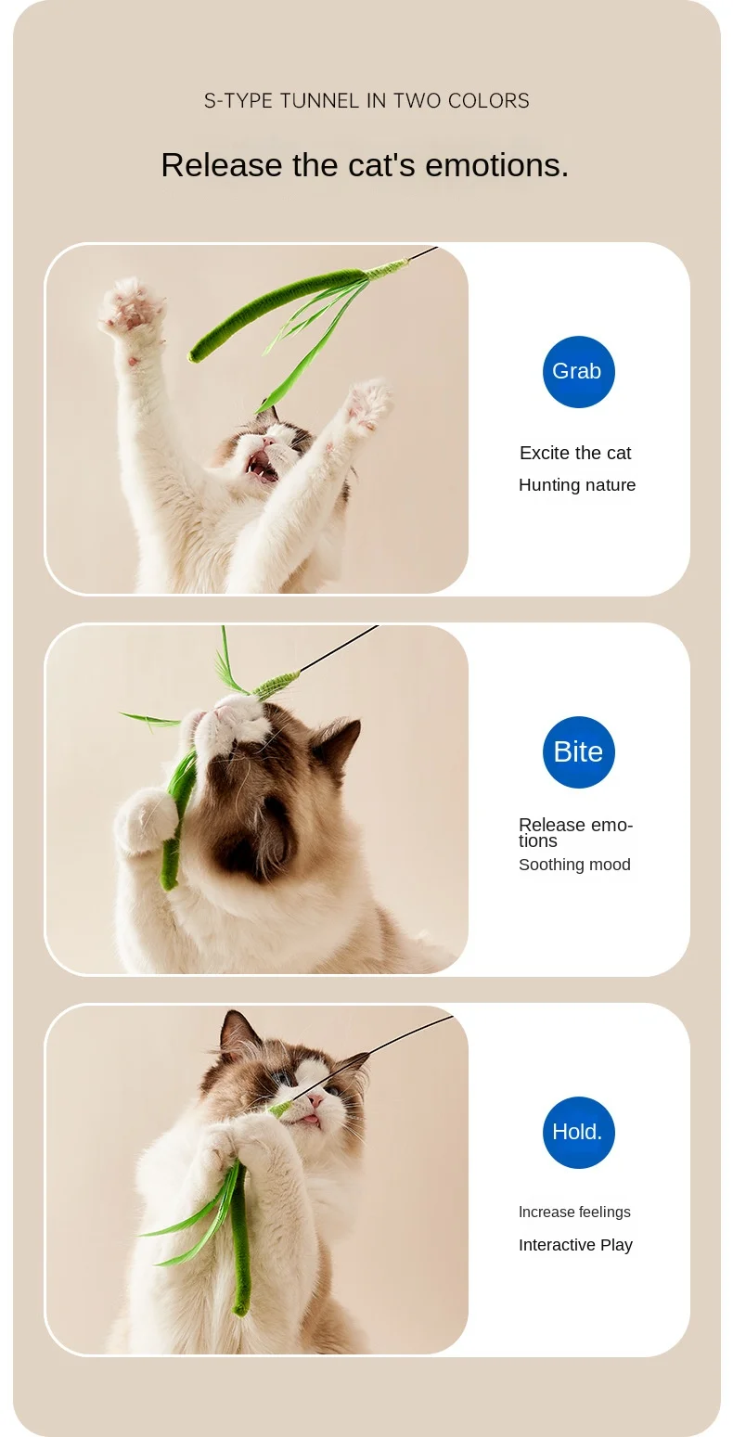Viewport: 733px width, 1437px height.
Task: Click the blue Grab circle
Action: click(578, 371)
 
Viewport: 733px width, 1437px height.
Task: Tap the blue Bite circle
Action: click(578, 751)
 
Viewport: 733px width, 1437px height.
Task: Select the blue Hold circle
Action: click(578, 1133)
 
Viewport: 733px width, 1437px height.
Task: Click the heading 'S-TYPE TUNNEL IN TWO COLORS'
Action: click(366, 101)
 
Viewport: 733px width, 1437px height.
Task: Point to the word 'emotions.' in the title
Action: click(496, 165)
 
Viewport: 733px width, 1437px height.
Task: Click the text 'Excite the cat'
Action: click(575, 453)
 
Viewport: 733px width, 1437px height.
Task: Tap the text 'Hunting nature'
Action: click(577, 485)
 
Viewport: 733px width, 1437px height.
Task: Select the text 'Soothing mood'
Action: click(574, 865)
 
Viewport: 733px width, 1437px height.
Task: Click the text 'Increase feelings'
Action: click(574, 1212)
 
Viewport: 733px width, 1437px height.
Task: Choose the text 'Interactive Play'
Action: click(576, 1245)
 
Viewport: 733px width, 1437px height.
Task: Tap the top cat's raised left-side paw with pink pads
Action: click(131, 307)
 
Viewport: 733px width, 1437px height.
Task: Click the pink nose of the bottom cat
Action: click(315, 1101)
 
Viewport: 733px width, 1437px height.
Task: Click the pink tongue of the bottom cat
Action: click(311, 1120)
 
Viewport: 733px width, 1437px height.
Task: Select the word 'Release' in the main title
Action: click(222, 165)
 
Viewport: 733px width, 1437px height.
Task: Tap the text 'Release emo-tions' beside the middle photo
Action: click(576, 833)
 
